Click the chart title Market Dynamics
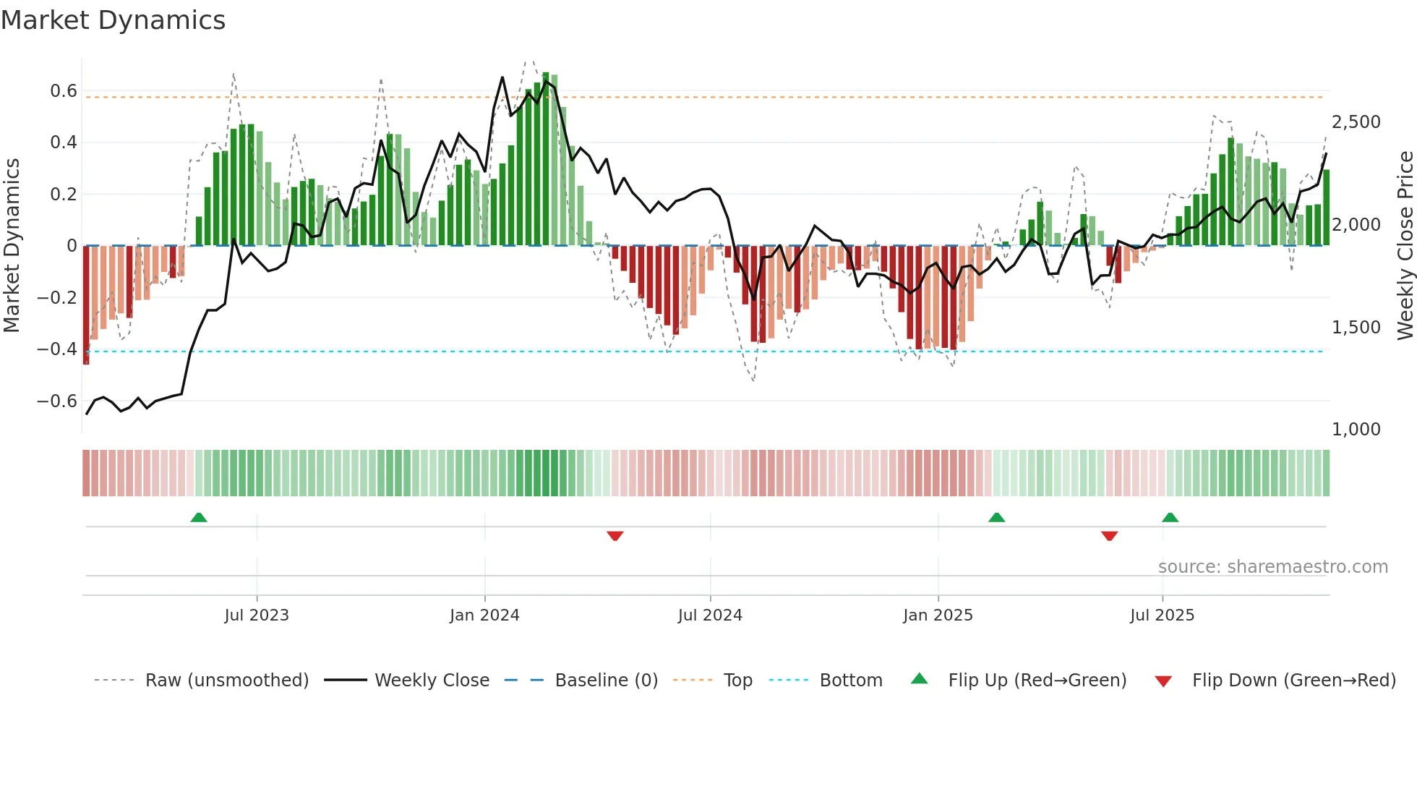[x=113, y=20]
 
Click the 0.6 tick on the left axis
[x=64, y=91]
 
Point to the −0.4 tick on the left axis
[x=57, y=349]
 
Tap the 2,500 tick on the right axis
[x=1356, y=122]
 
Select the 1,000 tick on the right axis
[x=1356, y=430]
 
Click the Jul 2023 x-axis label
[x=257, y=615]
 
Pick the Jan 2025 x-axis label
[x=938, y=615]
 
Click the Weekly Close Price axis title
[x=1405, y=246]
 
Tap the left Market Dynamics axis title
[x=12, y=246]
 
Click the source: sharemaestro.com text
[x=1272, y=567]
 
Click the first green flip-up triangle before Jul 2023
[x=199, y=517]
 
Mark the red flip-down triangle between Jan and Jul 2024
[x=615, y=536]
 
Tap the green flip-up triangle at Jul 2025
[x=1170, y=517]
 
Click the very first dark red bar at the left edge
[x=86, y=304]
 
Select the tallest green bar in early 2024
[x=546, y=159]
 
